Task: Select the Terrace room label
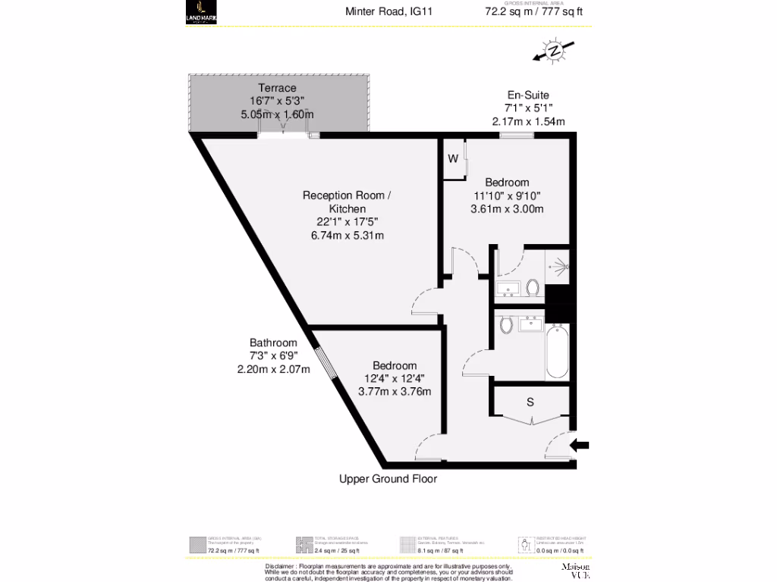point(276,88)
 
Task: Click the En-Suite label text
point(527,95)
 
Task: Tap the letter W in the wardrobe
point(452,159)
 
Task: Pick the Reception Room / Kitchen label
point(347,202)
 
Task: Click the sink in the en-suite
point(507,289)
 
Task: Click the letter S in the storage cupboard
point(530,402)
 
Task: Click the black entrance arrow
point(579,446)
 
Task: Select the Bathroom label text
point(273,343)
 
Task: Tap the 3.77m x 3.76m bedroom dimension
point(395,392)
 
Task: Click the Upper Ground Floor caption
point(388,479)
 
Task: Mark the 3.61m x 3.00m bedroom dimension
point(507,209)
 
